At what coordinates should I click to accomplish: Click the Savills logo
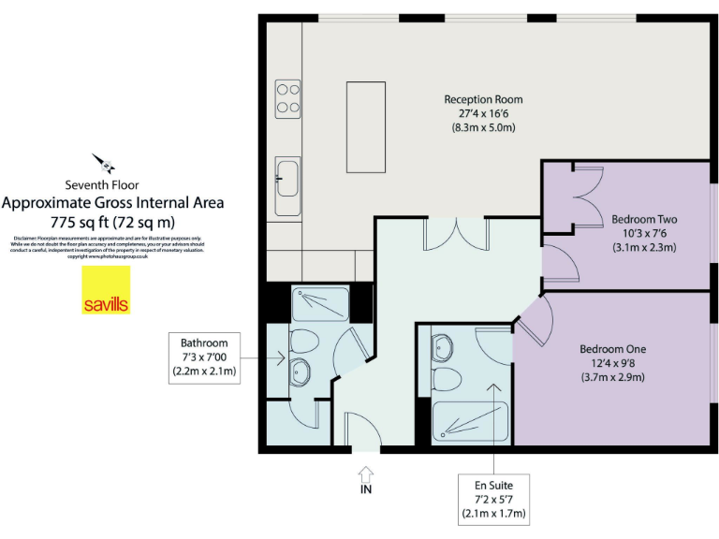click(106, 291)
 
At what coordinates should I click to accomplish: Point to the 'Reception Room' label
click(483, 99)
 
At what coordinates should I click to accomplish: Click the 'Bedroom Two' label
click(643, 220)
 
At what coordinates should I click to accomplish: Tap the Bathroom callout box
click(204, 357)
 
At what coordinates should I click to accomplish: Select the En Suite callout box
click(492, 500)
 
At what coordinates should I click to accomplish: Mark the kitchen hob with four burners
click(287, 97)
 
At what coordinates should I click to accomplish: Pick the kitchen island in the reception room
click(365, 128)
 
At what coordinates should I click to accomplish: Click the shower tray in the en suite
click(470, 421)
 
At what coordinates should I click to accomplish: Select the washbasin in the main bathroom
click(300, 373)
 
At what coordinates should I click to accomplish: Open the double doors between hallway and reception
click(454, 233)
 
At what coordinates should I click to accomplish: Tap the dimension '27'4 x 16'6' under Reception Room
click(483, 113)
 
